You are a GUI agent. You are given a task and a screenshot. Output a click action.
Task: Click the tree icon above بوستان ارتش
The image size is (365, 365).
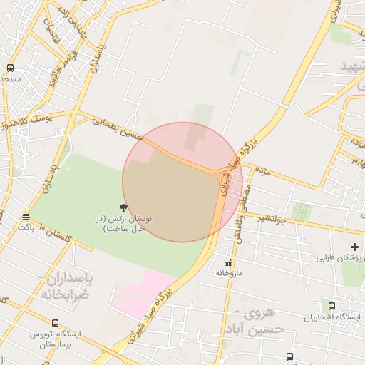pos(124,207)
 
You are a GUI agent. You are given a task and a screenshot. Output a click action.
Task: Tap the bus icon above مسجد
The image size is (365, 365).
pos(10,68)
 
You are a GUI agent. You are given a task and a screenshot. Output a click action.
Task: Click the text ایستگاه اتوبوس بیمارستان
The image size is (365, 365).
pos(55,339)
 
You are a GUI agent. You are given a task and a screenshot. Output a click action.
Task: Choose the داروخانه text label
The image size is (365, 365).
pos(229,273)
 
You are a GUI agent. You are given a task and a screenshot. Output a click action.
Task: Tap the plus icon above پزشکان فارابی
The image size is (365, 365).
pos(354,247)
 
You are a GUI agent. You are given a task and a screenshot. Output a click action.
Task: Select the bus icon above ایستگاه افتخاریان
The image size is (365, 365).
pos(331,306)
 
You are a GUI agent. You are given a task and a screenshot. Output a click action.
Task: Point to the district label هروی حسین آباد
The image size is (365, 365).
pos(260,321)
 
